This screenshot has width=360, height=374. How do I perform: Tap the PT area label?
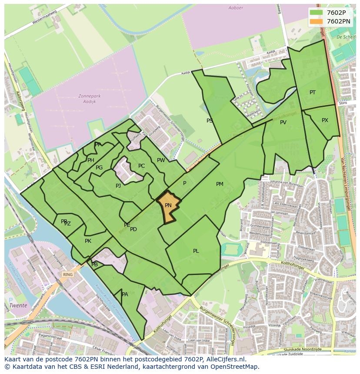pyautogui.click(x=313, y=93)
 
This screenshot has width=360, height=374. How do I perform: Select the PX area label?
pyautogui.click(x=325, y=120)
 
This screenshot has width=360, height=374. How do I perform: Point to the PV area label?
pyautogui.click(x=283, y=122)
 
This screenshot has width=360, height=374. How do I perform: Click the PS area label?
pyautogui.click(x=210, y=121)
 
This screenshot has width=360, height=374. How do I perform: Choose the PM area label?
pyautogui.click(x=220, y=184)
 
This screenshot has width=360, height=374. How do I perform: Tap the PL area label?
pyautogui.click(x=196, y=251)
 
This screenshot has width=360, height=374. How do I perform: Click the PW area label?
pyautogui.click(x=161, y=160)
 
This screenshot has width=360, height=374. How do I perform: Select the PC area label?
pyautogui.click(x=141, y=166)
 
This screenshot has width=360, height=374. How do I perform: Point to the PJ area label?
pyautogui.click(x=118, y=186)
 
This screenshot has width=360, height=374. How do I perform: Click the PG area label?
pyautogui.click(x=99, y=168)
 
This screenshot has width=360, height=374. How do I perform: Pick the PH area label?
pyautogui.click(x=90, y=160)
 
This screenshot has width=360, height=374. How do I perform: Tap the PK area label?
pyautogui.click(x=88, y=241)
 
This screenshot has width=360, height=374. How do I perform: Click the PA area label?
pyautogui.click(x=125, y=295)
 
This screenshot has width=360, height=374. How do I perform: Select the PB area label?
pyautogui.click(x=95, y=265)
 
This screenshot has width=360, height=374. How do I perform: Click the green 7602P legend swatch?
pyautogui.click(x=316, y=13)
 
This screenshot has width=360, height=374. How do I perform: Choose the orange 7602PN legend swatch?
pyautogui.click(x=316, y=21)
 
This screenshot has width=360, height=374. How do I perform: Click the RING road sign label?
pyautogui.click(x=68, y=275)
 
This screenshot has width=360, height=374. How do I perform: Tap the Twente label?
pyautogui.click(x=19, y=305)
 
